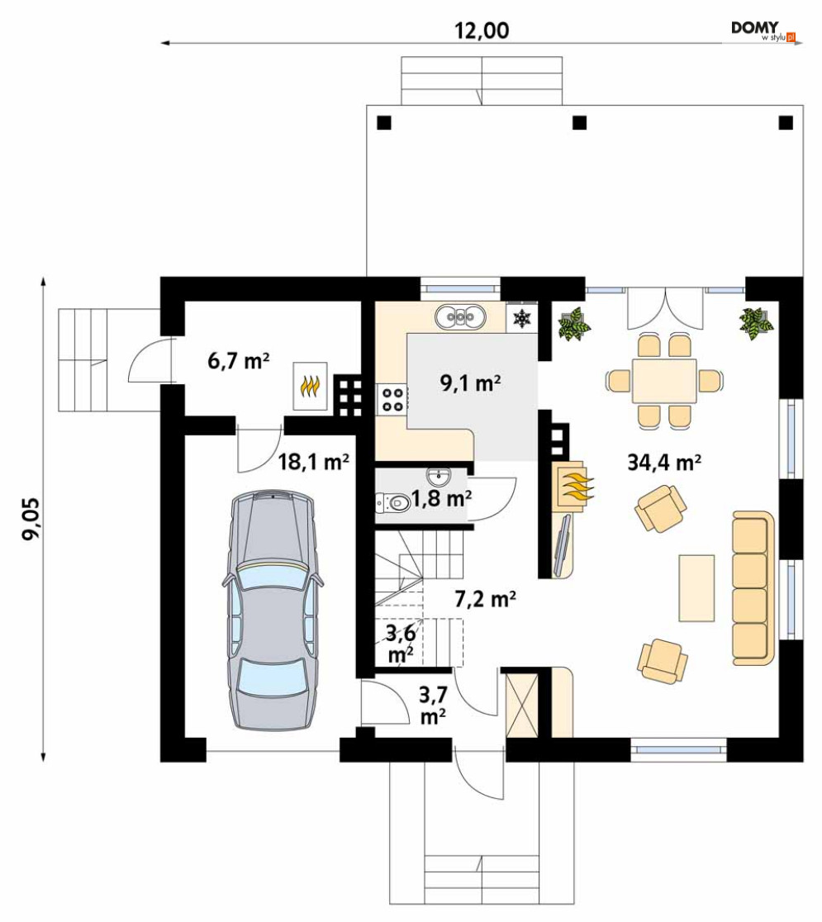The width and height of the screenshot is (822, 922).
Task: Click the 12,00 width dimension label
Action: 482,31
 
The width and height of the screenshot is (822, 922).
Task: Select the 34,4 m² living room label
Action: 664,463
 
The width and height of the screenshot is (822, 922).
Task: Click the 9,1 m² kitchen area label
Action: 470,383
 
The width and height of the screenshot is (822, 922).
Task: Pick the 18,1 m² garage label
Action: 313,462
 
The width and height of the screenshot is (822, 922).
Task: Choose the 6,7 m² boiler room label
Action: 238,360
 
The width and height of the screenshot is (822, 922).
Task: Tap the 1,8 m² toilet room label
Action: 442,499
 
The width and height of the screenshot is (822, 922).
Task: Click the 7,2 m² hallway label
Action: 486,599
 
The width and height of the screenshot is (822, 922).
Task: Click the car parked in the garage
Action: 273,609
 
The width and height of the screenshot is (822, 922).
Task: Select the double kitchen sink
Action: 460,317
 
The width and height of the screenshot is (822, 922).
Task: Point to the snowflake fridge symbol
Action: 522,318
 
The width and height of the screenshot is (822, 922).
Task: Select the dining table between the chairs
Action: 664,381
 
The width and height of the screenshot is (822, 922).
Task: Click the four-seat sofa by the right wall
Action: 753,588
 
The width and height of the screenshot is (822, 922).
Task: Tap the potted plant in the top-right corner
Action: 754,323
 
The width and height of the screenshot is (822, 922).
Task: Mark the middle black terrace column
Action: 580,122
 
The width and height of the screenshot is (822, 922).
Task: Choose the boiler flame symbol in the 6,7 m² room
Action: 310,386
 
